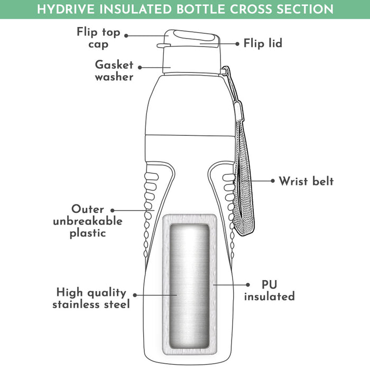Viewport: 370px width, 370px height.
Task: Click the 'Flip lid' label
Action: (x=263, y=43)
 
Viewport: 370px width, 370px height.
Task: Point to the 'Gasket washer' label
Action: (x=114, y=70)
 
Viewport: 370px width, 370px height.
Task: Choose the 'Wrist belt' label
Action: (x=307, y=181)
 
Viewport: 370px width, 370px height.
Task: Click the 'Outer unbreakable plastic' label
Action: (x=88, y=221)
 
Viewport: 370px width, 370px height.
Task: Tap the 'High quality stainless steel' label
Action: (x=91, y=298)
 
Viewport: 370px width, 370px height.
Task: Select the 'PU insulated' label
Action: (x=269, y=290)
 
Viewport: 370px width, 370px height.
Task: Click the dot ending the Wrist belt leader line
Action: (x=273, y=181)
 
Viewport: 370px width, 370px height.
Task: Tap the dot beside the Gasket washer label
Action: (x=140, y=67)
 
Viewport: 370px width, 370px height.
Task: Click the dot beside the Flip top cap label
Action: (x=127, y=36)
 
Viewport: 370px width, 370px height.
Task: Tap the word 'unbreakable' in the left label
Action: (x=88, y=221)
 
